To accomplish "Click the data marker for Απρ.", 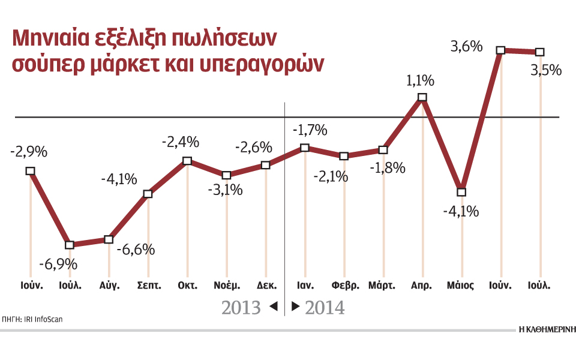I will point(422,97).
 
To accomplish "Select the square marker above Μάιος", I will point(461,192).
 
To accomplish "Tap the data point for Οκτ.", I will point(187,161).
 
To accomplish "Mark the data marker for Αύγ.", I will point(109,239).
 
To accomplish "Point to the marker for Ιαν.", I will point(305,148).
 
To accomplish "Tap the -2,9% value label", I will point(29,152).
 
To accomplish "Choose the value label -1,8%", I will point(387,168).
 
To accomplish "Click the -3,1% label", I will point(226,191).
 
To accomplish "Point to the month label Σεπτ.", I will point(149,285).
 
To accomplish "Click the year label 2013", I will point(241,308).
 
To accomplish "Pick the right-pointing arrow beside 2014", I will point(295,307).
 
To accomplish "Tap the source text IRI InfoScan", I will point(43,319).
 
